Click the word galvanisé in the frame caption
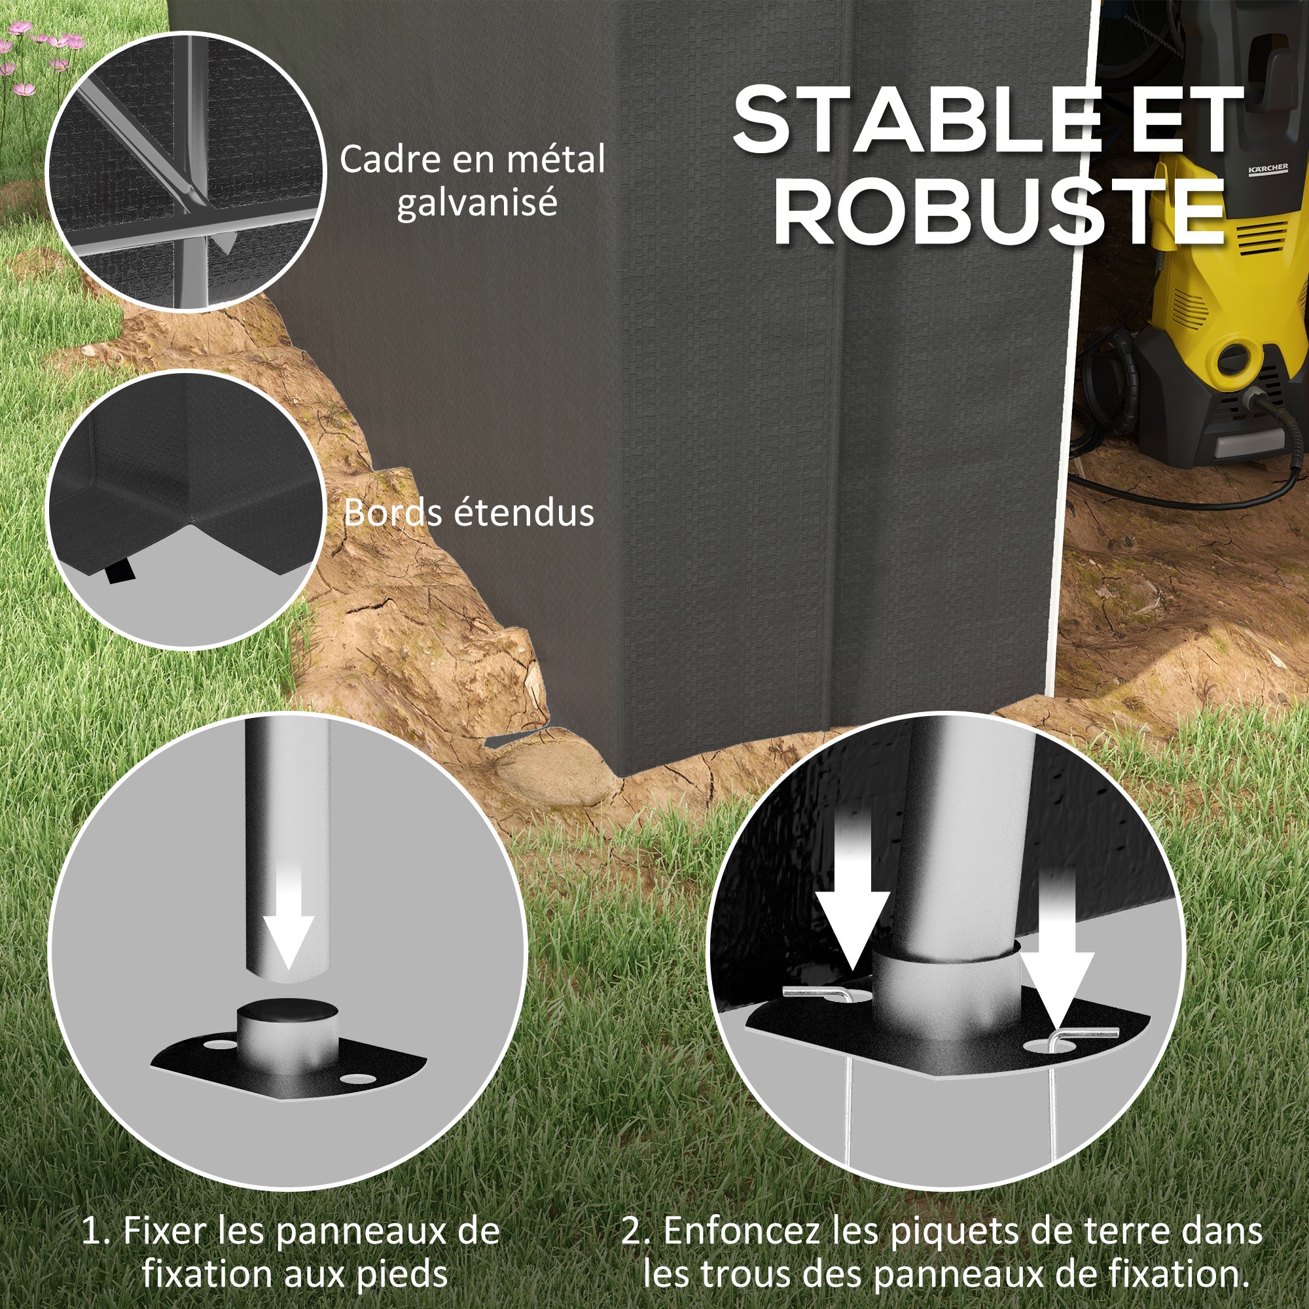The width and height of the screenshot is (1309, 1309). pyautogui.click(x=477, y=202)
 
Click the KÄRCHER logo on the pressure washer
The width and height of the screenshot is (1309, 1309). pyautogui.click(x=1268, y=169)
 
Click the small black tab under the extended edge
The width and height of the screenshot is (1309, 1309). pyautogui.click(x=121, y=571)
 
